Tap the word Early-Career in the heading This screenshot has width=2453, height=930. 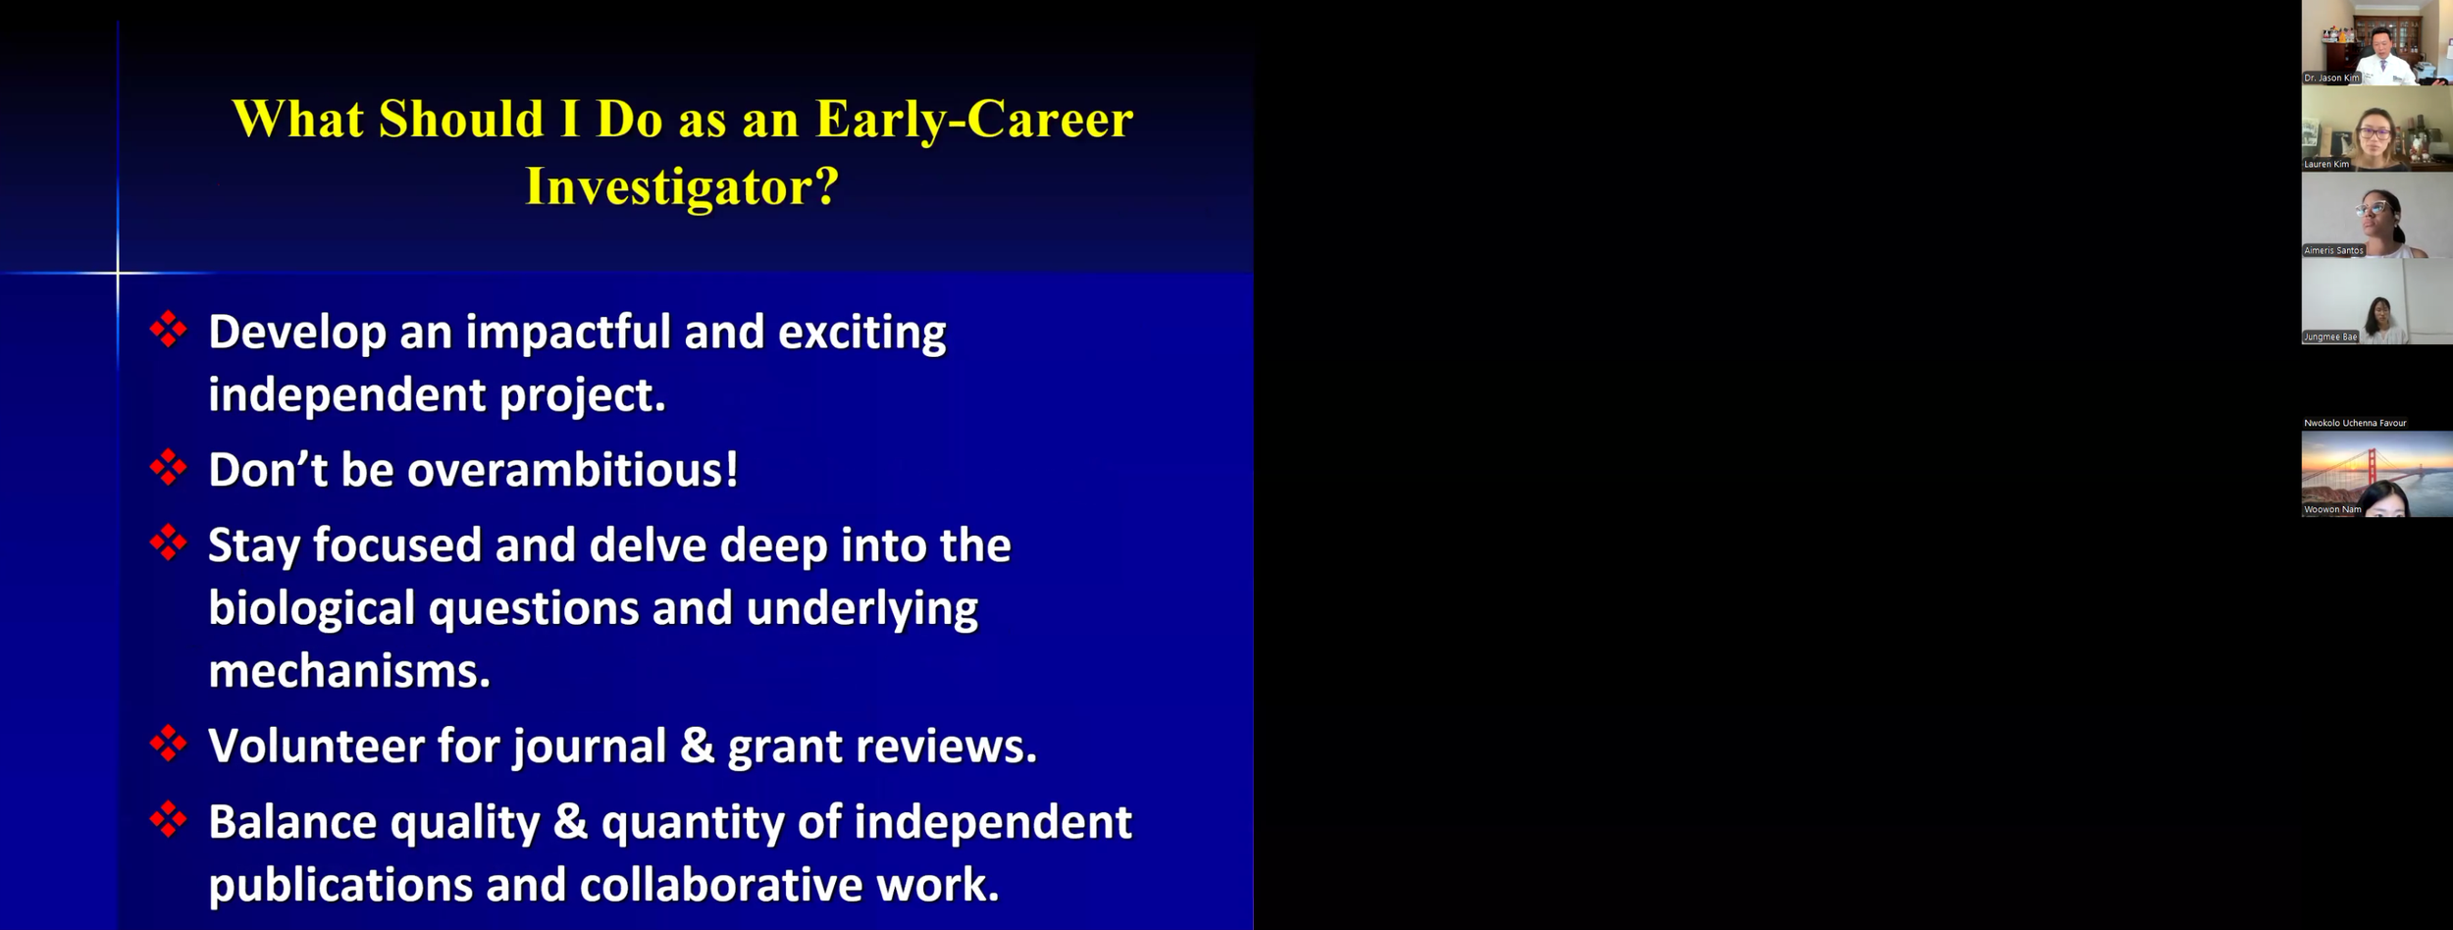[x=974, y=121]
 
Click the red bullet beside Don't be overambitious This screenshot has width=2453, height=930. [x=169, y=468]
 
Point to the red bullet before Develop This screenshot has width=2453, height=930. [x=169, y=330]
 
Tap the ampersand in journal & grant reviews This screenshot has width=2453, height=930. [x=697, y=747]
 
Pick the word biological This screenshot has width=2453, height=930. [x=312, y=609]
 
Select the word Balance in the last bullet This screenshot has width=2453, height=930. [x=292, y=822]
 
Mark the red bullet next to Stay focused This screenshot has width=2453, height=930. [x=169, y=542]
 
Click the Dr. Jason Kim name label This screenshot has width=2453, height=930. [x=2331, y=77]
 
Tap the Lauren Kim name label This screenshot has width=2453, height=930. [x=2326, y=164]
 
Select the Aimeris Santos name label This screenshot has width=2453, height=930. [x=2334, y=250]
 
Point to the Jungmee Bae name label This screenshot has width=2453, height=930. [x=2330, y=336]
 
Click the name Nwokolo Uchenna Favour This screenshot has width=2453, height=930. [x=2355, y=423]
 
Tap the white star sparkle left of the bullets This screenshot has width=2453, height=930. [x=118, y=272]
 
